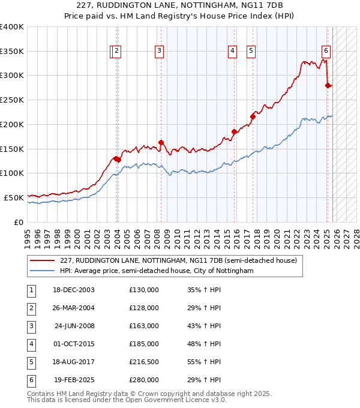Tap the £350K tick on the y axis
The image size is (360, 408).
point(12,51)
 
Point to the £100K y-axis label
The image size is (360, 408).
point(12,173)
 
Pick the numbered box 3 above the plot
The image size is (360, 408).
point(159,51)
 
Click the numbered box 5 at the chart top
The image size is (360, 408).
point(250,51)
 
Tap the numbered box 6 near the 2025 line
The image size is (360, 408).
point(326,51)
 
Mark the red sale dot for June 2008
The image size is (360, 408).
point(161,142)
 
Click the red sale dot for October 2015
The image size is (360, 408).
point(234,131)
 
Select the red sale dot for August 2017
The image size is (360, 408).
point(253,116)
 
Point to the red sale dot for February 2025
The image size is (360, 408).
point(328,85)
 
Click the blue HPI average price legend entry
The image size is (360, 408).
point(157,271)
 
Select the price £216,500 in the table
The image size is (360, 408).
point(143,362)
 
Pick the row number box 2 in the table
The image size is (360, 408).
point(30,308)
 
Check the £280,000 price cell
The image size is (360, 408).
point(143,380)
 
